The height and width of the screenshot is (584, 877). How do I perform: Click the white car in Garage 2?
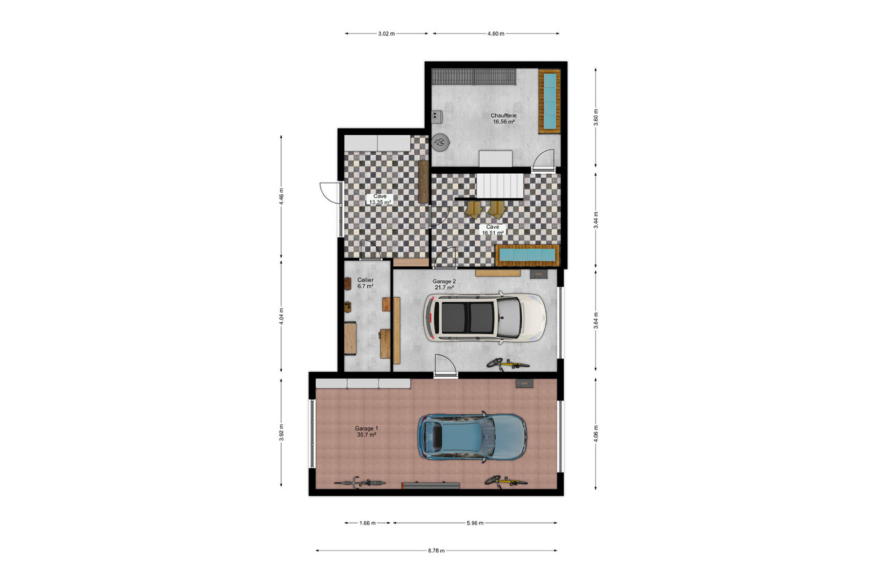pos(484,318)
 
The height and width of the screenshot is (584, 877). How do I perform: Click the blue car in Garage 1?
pos(472,437)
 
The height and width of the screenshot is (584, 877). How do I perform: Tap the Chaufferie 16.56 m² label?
pos(503,119)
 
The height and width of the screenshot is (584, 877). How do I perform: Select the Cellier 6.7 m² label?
pos(365,283)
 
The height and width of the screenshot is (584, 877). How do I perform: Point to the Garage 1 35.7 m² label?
pos(366,432)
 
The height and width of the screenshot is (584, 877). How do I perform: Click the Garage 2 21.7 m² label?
pos(444,284)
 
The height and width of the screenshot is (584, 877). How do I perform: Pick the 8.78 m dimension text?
pos(436,551)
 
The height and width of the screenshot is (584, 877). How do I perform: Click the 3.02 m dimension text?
pos(386,34)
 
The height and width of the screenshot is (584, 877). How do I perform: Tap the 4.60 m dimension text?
pos(496,34)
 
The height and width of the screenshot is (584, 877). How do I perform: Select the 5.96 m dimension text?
pos(475,523)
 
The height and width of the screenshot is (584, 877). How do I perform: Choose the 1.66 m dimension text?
pos(367,523)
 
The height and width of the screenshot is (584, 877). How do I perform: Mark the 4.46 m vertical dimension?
pos(281,196)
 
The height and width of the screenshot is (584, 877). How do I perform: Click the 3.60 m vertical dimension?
pos(596,117)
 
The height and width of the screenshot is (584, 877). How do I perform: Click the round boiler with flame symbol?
pos(441,142)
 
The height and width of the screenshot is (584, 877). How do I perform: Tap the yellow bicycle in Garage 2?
pos(508,364)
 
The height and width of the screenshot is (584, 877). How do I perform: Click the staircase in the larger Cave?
pos(500,186)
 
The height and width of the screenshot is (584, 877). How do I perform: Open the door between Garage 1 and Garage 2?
pos(446,366)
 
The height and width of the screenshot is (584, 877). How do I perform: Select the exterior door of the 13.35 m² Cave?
pos(331,193)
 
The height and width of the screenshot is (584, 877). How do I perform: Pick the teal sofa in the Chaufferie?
pos(550,101)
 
